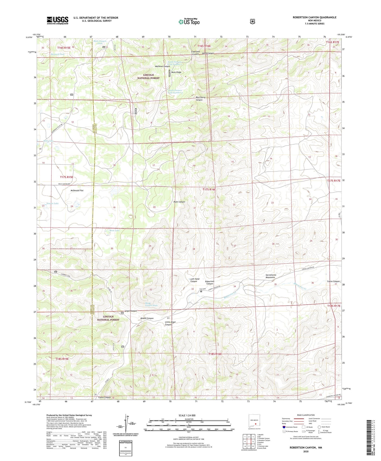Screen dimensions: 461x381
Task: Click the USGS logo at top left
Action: point(57,20)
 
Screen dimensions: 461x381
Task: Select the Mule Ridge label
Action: point(176,72)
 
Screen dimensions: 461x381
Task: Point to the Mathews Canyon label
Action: point(163,66)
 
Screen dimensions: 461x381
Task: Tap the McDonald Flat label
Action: point(77,190)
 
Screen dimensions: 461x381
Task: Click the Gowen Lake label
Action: point(53,203)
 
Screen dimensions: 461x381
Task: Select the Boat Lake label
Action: point(115,230)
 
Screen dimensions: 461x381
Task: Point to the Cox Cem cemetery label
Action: point(202,289)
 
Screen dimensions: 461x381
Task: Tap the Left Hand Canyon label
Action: point(195,280)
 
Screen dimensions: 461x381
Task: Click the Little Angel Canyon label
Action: point(170,323)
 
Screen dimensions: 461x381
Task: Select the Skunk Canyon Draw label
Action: point(151,304)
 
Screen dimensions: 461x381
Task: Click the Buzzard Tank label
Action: point(57,54)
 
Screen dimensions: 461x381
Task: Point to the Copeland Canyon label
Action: point(195,53)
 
